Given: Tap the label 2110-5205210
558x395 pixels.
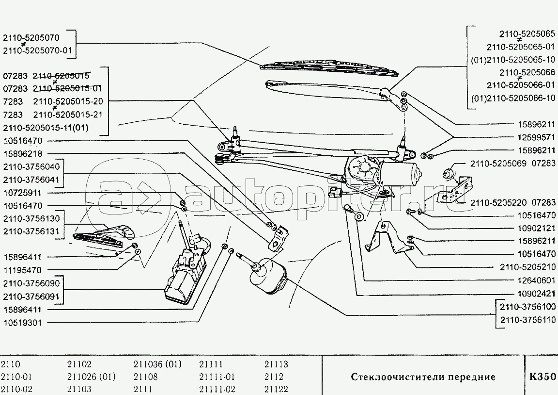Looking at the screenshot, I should coord(527,267).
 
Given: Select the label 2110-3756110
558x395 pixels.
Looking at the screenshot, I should coord(527,321).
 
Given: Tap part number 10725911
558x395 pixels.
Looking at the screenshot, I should coord(22,193).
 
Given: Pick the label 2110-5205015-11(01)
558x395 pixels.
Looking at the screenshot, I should coord(46,128).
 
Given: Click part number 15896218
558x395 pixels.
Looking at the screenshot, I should coord(22,154).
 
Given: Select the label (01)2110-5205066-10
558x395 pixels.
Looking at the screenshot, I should coord(513,98).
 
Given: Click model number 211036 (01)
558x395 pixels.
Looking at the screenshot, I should coord(157,364).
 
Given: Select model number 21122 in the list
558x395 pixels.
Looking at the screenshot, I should coord(276,389).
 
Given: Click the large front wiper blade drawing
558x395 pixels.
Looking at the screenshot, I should coord(329,68).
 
